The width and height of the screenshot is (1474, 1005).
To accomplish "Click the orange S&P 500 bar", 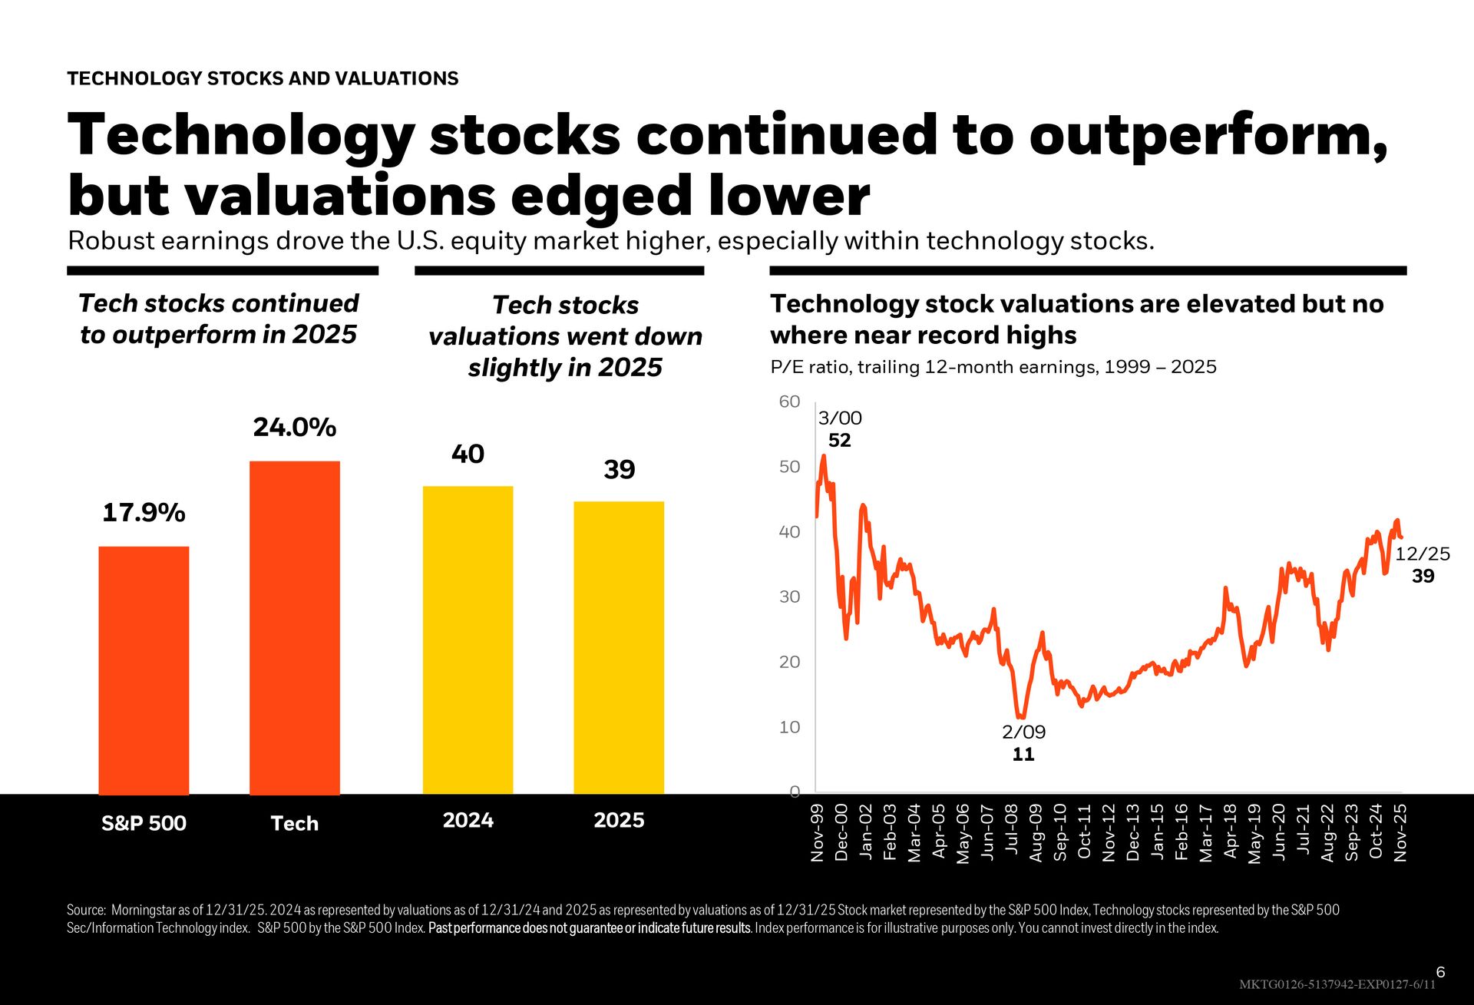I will pyautogui.click(x=144, y=669).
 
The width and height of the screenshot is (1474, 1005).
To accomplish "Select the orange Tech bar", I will pyautogui.click(x=295, y=627).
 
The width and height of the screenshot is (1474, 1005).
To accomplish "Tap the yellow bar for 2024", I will pyautogui.click(x=468, y=640).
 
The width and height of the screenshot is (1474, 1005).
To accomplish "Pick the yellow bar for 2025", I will pyautogui.click(x=619, y=647).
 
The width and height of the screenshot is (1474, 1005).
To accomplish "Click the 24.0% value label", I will pyautogui.click(x=295, y=428).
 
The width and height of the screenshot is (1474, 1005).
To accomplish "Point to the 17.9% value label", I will pyautogui.click(x=144, y=513).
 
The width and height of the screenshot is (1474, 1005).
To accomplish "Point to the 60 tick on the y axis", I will pyautogui.click(x=789, y=402).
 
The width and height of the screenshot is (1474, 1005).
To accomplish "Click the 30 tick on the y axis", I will pyautogui.click(x=789, y=597).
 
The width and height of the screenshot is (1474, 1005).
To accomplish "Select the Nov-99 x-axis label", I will pyautogui.click(x=818, y=832).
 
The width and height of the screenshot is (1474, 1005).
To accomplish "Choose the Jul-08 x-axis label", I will pyautogui.click(x=1012, y=830).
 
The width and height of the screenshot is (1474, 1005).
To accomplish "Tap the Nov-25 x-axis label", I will pyautogui.click(x=1400, y=832).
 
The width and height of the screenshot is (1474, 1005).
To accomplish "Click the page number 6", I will pyautogui.click(x=1440, y=972).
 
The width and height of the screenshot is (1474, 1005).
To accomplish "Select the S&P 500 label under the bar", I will pyautogui.click(x=144, y=823).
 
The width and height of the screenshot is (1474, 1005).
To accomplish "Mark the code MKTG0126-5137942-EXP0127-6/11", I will pyautogui.click(x=1337, y=984).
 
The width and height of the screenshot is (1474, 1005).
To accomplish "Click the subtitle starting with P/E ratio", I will pyautogui.click(x=993, y=367).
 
